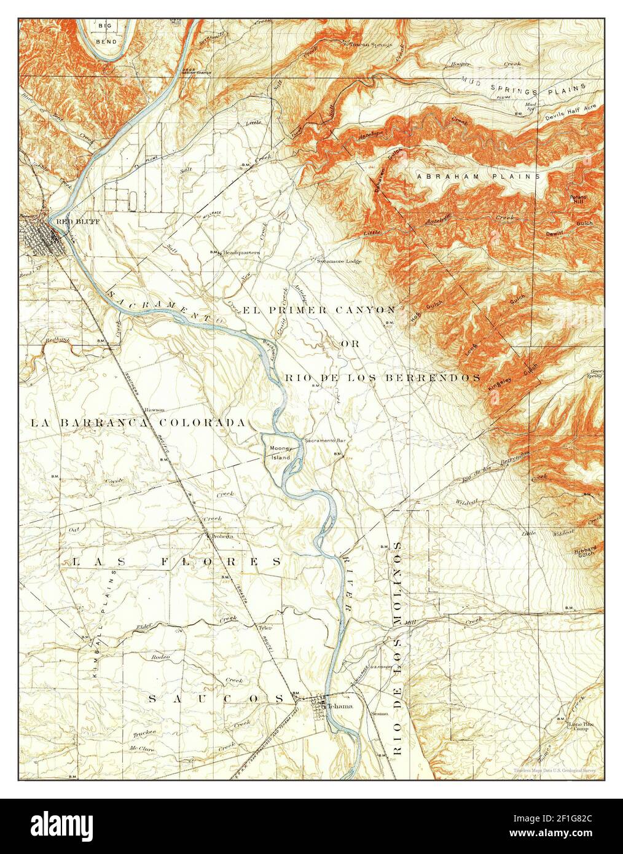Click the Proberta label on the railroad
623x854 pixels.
click(x=222, y=536)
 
